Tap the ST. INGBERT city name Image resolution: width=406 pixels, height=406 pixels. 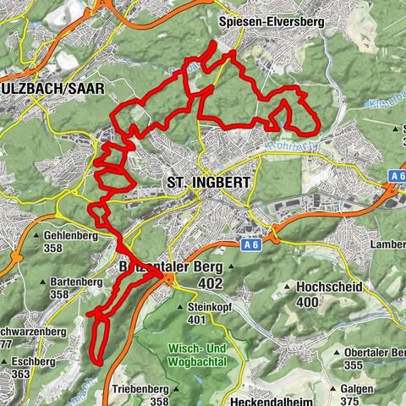point(199,183)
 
